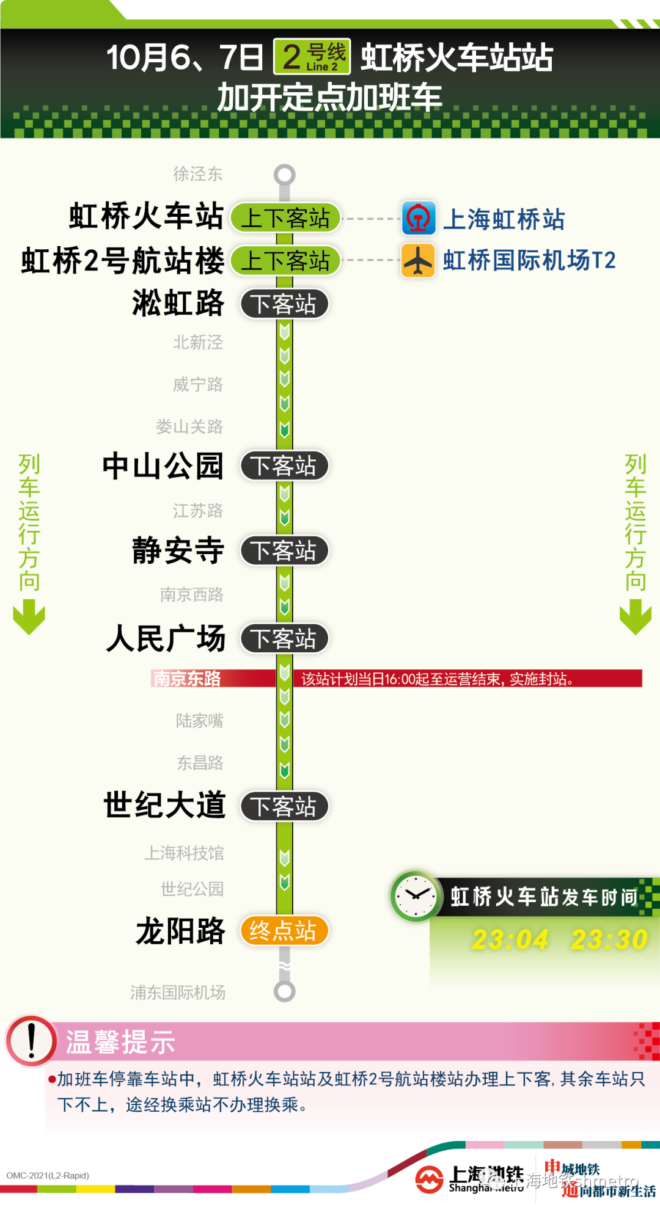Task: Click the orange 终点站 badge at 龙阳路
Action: coord(284,931)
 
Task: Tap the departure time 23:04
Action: coord(510,939)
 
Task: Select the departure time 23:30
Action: coord(609,939)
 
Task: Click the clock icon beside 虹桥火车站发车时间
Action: coord(416,897)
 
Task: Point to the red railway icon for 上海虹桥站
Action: coord(419,218)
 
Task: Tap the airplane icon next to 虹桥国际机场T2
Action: coord(419,261)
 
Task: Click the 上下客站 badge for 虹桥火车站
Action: coord(285,218)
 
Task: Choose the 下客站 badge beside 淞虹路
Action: coord(284,304)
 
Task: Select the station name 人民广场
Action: coord(166,639)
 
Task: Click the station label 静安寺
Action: coord(178,550)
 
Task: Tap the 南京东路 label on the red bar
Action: coord(187,679)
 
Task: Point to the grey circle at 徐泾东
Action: coord(284,175)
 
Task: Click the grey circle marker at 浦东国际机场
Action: coord(284,991)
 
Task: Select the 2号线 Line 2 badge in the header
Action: coord(312,57)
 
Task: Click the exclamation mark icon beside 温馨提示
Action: coord(31,1041)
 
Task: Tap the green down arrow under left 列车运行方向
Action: coord(29,617)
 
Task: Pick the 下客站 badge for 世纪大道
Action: coord(284,806)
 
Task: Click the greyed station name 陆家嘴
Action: coord(199,721)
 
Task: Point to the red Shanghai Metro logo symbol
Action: coord(429,1179)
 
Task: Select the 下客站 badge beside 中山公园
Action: coord(284,466)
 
